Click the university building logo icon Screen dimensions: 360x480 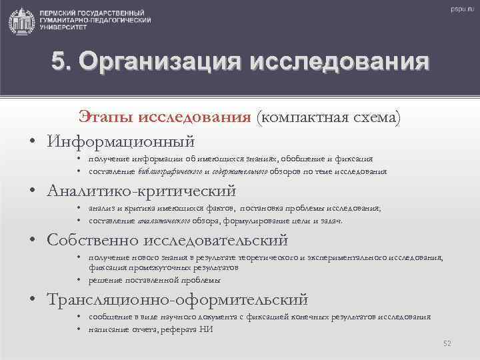click(21, 21)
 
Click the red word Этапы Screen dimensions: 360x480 click(107, 118)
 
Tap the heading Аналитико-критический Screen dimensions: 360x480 click(141, 191)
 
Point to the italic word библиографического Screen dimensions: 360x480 click(170, 171)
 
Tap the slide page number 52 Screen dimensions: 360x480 click(447, 343)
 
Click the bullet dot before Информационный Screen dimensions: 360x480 click(31, 141)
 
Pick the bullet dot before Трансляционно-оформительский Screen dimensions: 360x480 click(31, 299)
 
